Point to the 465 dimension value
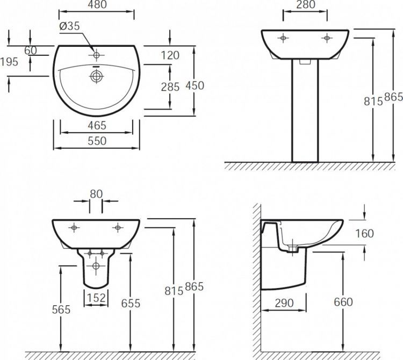tap(96, 125)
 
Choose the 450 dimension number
tap(195, 85)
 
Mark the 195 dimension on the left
tap(9, 62)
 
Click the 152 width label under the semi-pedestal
tap(95, 297)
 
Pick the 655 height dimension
tap(130, 303)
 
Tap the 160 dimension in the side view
tap(364, 233)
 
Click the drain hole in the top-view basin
tap(96, 76)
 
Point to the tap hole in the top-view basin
tap(96, 55)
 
